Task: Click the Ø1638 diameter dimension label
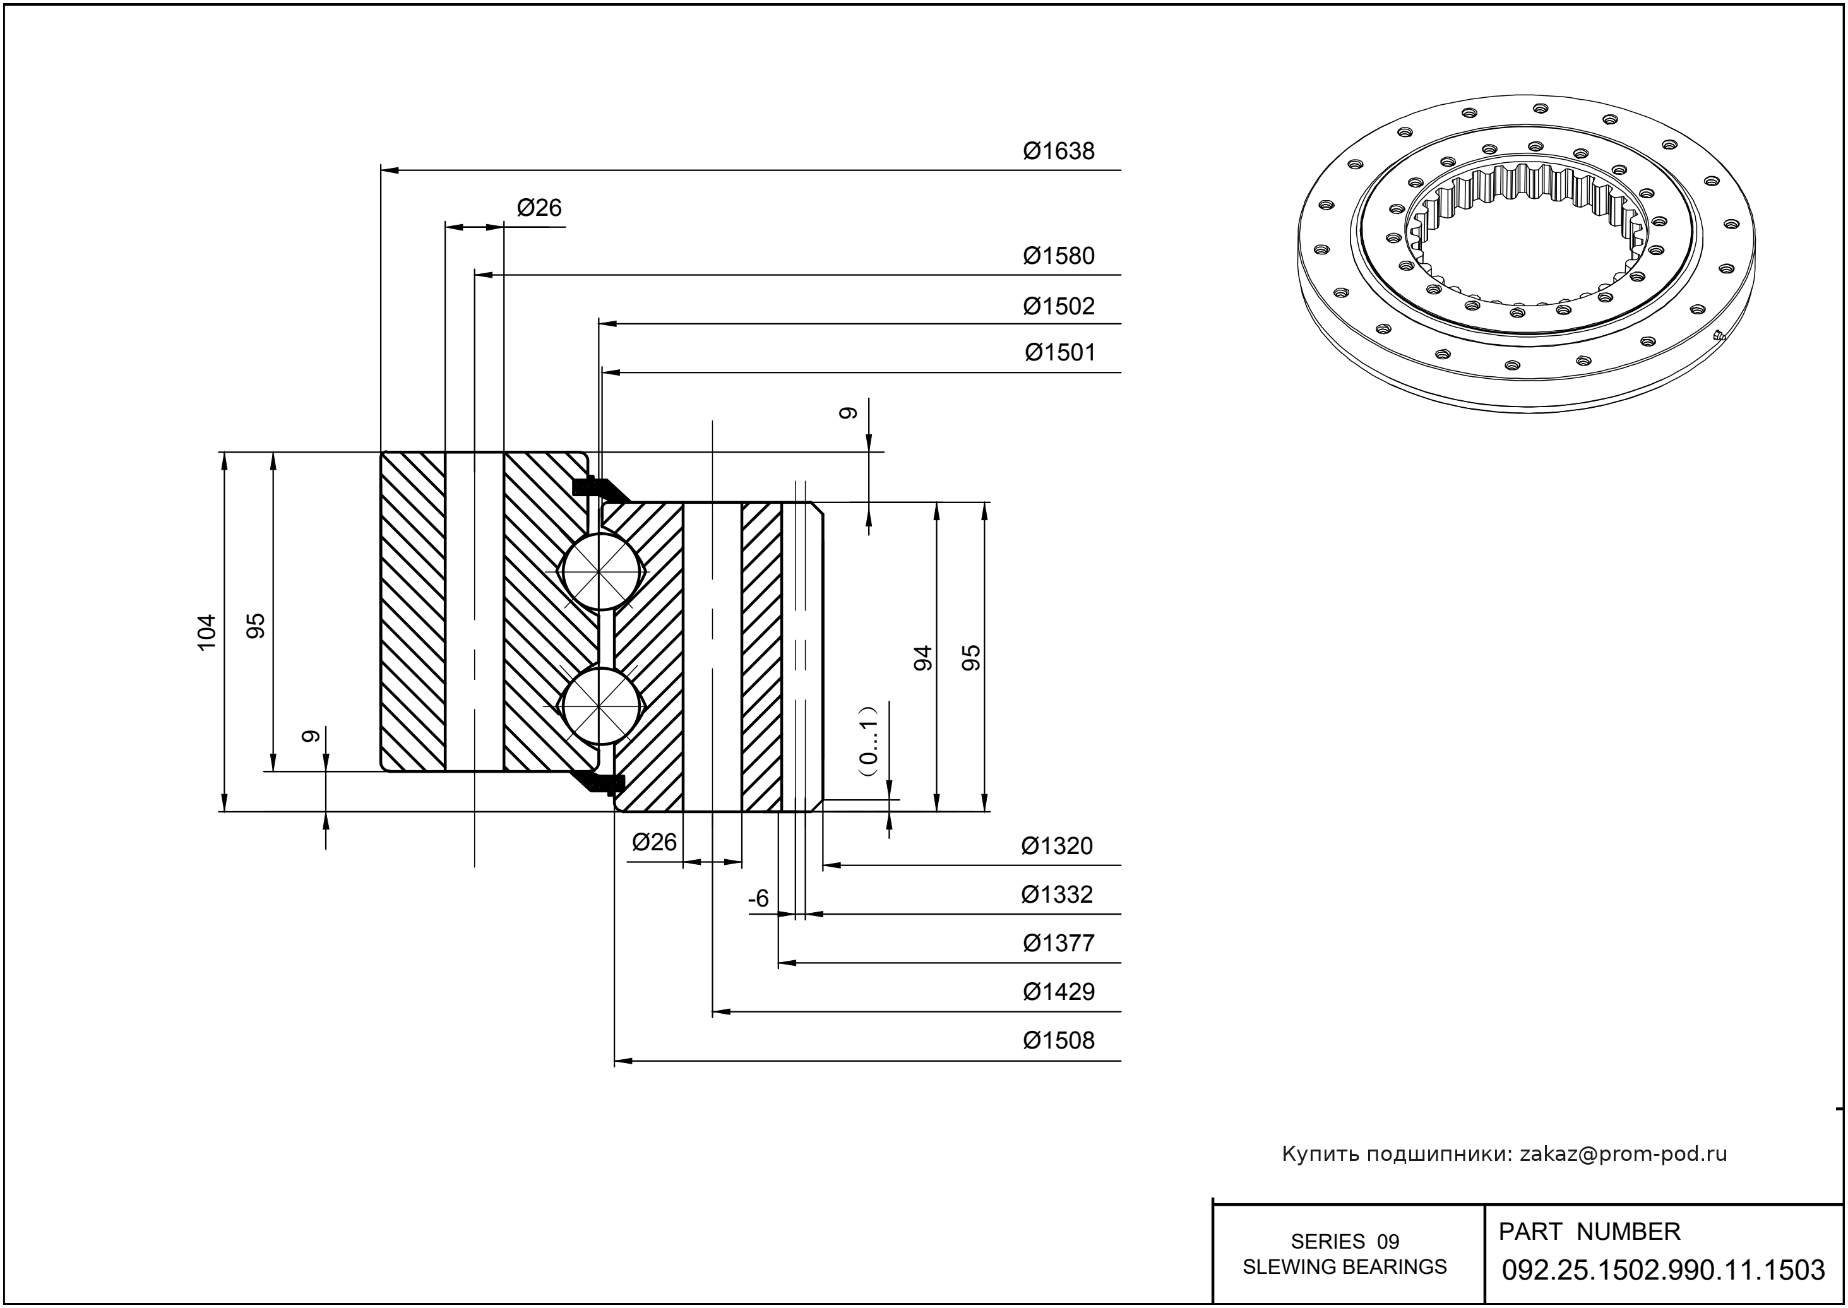(x=1059, y=152)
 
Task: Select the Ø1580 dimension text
(x=1059, y=256)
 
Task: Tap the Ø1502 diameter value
(x=1059, y=306)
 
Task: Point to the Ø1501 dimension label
(x=1059, y=353)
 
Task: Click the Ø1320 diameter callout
(x=1057, y=847)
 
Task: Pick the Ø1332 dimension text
(x=1057, y=895)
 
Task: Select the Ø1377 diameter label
(x=1059, y=943)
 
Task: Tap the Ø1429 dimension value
(x=1059, y=992)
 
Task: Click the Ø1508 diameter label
(x=1059, y=1040)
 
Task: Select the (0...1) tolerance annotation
(x=867, y=741)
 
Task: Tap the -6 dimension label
(x=759, y=898)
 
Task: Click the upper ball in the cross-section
(x=601, y=571)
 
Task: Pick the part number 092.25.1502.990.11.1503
(x=1664, y=1270)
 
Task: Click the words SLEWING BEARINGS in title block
(x=1345, y=1267)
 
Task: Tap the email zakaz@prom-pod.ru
(x=1623, y=1154)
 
